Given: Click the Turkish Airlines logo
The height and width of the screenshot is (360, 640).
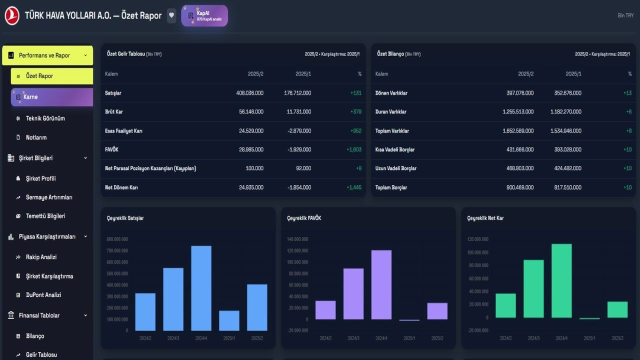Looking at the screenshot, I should click(12, 15).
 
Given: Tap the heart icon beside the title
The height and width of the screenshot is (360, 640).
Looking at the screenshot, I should click(171, 15).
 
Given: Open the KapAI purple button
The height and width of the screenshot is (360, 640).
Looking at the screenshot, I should click(204, 16).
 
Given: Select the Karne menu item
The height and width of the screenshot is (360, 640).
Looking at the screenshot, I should click(52, 97).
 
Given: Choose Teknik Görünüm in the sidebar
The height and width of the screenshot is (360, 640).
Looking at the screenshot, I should click(45, 118).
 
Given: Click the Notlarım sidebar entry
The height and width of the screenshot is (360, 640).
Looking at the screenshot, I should click(36, 137).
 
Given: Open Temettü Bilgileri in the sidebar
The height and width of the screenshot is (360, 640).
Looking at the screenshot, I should click(45, 216).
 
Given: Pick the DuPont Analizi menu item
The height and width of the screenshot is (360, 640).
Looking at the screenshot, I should click(43, 295).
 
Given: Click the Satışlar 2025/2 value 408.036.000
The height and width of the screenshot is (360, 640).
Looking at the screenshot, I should click(249, 93).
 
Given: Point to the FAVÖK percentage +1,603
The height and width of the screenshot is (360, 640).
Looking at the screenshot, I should click(354, 149).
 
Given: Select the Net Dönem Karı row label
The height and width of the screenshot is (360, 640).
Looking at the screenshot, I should click(121, 187).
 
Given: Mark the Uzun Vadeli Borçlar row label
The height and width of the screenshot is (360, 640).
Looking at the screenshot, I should click(395, 168).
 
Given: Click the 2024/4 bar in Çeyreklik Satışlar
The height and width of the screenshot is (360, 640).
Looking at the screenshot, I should click(201, 288).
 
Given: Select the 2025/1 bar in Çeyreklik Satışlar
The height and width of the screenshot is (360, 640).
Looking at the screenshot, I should click(229, 320).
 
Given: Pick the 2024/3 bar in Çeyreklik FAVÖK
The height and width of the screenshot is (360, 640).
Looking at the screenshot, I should click(353, 294).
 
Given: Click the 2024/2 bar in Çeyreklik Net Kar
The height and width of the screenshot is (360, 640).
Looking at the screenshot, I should click(505, 305).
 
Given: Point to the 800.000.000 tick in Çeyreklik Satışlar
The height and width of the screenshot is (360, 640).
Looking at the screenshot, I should click(117, 239).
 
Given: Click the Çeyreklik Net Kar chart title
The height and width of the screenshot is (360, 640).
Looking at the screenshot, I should click(485, 218).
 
